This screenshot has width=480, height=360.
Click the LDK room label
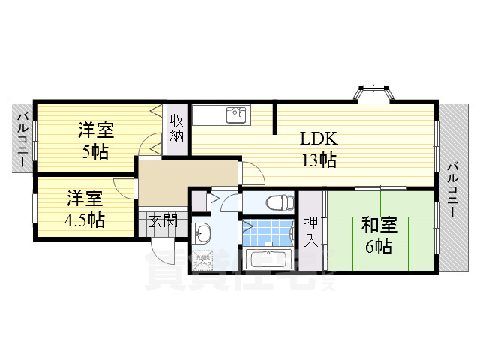click(x=319, y=139)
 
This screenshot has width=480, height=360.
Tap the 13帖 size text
click(x=319, y=159)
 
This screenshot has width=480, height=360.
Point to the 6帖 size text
click(x=378, y=246)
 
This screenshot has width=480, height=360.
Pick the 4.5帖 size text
click(x=85, y=220)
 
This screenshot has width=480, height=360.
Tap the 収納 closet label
click(x=177, y=128)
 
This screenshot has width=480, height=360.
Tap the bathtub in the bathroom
click(x=267, y=260)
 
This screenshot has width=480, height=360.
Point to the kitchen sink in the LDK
click(x=237, y=115)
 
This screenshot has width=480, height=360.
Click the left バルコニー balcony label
click(x=22, y=139)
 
